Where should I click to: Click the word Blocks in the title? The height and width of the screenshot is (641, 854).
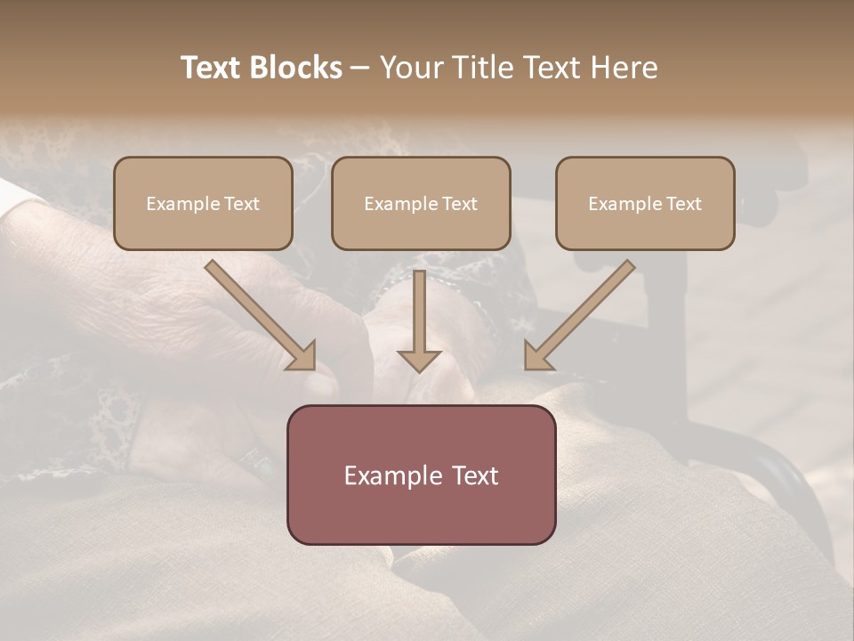tap(295, 68)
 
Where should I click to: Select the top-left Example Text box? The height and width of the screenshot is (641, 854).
tap(203, 204)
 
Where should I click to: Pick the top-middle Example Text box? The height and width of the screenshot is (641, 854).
tap(421, 204)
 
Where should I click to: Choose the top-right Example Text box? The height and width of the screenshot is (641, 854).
tap(645, 204)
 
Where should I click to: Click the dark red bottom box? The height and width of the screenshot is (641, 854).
tap(421, 475)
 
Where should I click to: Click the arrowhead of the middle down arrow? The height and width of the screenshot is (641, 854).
tap(419, 360)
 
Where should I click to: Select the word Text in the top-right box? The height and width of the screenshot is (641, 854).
tap(683, 204)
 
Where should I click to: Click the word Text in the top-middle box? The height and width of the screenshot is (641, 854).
tap(459, 204)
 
